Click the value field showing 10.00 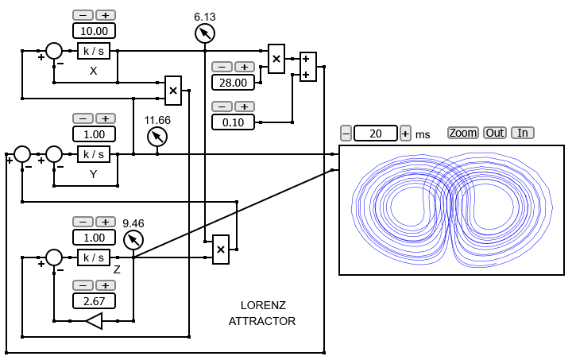point(94,31)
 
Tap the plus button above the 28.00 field point(245,67)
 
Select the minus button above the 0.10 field point(222,106)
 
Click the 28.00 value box point(233,83)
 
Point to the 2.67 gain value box point(94,301)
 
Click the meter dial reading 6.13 point(205,33)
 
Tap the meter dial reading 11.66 point(157,137)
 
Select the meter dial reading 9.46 point(133,240)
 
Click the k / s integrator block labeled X point(94,51)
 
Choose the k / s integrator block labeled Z point(94,257)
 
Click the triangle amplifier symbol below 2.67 point(94,321)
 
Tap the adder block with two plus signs point(308,67)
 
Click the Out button point(495,133)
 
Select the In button point(523,133)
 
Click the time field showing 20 point(376,134)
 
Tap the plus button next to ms point(405,134)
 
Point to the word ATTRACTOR point(262,321)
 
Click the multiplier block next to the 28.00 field point(276,59)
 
